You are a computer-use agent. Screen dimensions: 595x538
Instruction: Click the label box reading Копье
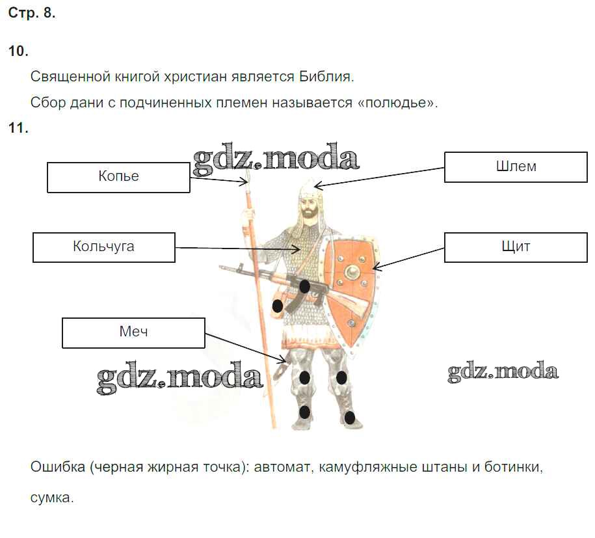pos(118,178)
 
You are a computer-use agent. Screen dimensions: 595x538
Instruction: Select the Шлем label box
pos(516,167)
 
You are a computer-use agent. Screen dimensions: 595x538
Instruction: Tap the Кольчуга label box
pos(103,248)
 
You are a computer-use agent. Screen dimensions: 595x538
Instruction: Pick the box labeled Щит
pos(516,248)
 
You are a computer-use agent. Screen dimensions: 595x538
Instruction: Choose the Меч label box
pos(133,333)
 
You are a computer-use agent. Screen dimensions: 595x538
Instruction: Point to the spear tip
pos(248,177)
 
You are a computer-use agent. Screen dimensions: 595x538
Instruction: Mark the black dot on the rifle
pos(305,286)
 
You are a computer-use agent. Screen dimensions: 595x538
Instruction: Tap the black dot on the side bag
pos(278,305)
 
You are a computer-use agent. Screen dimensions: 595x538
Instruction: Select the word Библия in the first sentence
pos(326,77)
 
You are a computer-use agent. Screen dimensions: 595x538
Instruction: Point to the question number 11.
pos(18,128)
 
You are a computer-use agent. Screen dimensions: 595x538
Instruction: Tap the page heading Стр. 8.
pos(31,13)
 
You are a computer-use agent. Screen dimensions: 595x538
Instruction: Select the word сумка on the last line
pos(52,498)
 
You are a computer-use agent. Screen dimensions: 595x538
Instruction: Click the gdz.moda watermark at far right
pos(503,371)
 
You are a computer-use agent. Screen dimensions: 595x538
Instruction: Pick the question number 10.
pos(18,51)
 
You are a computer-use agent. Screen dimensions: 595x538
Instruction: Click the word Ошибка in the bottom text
pos(58,466)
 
